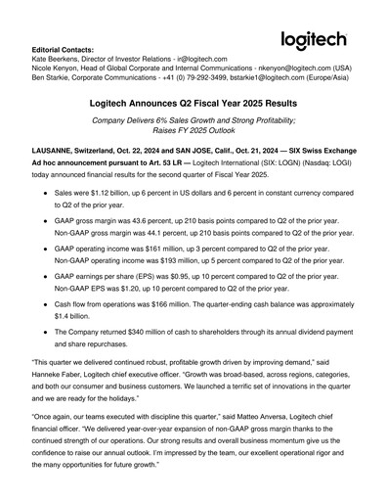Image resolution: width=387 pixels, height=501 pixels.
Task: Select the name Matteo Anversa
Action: pyautogui.click(x=253, y=441)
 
